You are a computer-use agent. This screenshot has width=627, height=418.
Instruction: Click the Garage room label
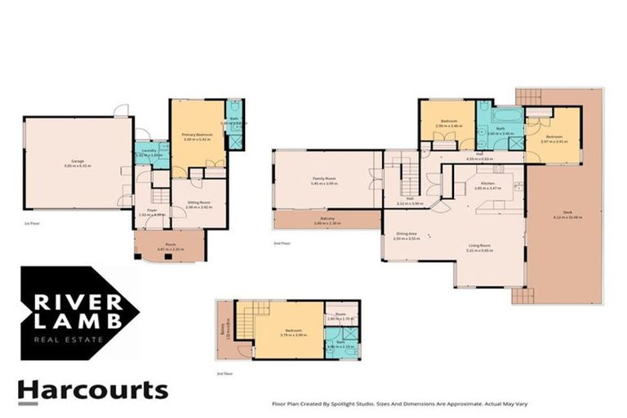coord(78,161)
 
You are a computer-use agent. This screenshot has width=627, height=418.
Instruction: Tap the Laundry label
coord(149,151)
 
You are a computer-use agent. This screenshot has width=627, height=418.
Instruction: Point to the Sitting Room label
coord(198,204)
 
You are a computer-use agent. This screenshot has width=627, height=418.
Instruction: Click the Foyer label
coord(152,211)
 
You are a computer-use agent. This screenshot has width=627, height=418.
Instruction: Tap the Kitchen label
coord(488,184)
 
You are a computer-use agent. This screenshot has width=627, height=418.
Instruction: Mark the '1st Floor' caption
coord(33,222)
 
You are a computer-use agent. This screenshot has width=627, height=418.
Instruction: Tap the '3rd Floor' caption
coord(225,373)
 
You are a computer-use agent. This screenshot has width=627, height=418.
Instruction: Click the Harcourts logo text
coord(92,391)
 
